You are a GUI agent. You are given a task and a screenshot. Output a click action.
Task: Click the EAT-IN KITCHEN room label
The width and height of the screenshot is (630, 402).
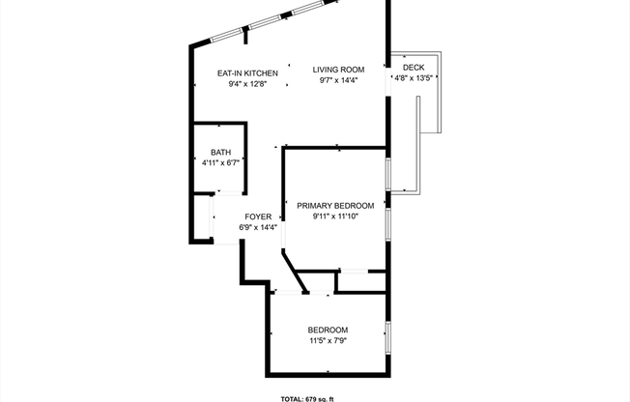pyautogui.click(x=247, y=73)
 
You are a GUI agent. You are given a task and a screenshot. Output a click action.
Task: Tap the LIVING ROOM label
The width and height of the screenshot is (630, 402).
pyautogui.click(x=338, y=70)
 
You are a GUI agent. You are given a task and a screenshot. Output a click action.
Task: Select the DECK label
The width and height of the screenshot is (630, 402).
pyautogui.click(x=414, y=67)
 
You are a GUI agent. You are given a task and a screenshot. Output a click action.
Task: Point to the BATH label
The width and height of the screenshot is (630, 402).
pyautogui.click(x=220, y=153)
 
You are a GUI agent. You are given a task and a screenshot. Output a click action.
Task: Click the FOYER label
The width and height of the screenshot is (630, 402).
pyautogui.click(x=258, y=217)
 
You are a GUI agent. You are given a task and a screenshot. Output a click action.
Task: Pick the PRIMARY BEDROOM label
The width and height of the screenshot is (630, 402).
pyautogui.click(x=334, y=206)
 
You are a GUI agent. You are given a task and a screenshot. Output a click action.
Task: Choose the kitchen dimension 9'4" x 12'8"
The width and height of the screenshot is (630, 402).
pyautogui.click(x=247, y=84)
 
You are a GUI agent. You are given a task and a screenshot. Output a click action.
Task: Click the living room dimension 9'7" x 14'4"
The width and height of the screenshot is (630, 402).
pyautogui.click(x=338, y=80)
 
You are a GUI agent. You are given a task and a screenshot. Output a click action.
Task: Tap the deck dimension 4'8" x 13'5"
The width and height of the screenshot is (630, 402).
pyautogui.click(x=414, y=78)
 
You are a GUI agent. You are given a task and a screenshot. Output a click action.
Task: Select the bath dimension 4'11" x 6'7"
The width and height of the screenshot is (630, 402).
pyautogui.click(x=220, y=163)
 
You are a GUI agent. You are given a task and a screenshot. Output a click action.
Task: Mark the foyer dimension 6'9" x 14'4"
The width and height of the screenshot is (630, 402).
pyautogui.click(x=258, y=228)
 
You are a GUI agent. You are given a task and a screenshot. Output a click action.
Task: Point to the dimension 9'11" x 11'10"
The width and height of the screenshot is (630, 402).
pyautogui.click(x=334, y=216)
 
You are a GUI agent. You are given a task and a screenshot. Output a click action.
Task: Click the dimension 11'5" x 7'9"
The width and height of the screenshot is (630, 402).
pyautogui.click(x=328, y=341)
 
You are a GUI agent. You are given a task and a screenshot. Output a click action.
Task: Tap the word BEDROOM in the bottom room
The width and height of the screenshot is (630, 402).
pyautogui.click(x=328, y=330)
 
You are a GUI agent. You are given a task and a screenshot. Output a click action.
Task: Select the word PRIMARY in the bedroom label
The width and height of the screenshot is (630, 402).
pyautogui.click(x=314, y=206)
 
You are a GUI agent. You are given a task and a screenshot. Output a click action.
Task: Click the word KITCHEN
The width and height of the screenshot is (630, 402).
pyautogui.click(x=261, y=73)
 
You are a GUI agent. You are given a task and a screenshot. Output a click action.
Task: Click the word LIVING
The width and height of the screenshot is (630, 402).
pyautogui.click(x=326, y=70)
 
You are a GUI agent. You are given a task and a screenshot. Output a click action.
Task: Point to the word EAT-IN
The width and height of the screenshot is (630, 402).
pyautogui.click(x=229, y=73)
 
